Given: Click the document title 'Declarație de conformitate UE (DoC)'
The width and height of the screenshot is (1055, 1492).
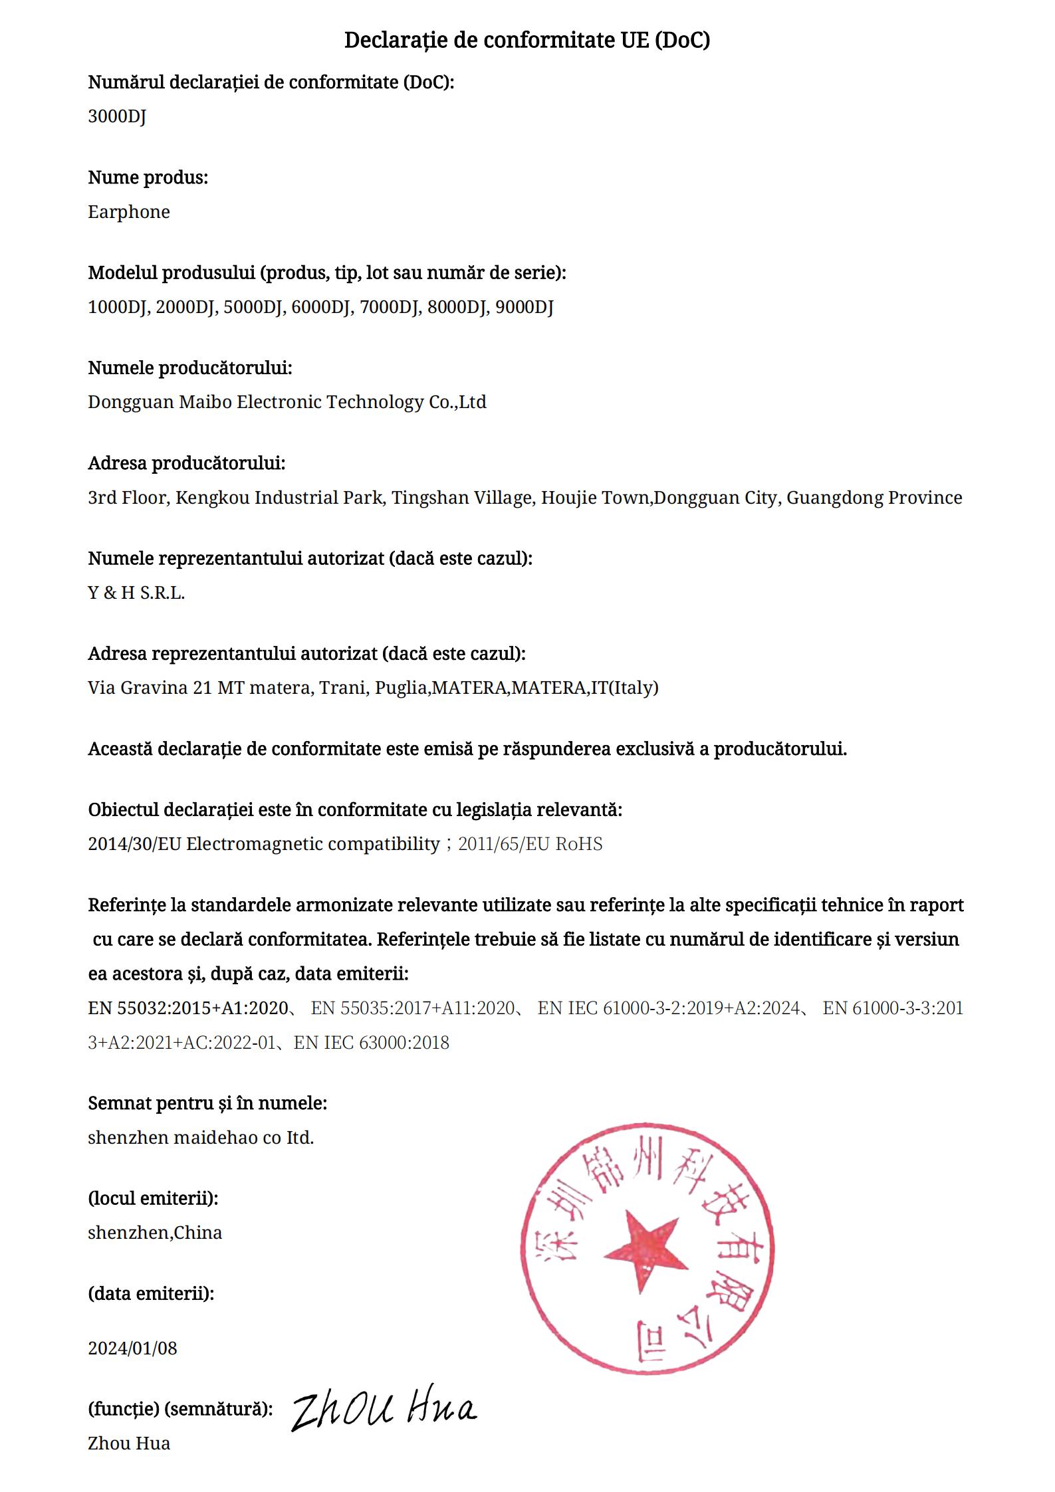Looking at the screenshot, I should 527,41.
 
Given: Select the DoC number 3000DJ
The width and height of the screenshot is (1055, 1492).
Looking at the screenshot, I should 117,117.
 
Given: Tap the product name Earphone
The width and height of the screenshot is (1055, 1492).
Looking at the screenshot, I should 129,212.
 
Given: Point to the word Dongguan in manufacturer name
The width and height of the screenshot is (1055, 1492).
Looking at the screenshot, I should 130,403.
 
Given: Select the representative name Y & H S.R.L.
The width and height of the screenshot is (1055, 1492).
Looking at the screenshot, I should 136,593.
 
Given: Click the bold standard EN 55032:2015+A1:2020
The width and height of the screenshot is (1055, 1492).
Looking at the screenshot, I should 187,1008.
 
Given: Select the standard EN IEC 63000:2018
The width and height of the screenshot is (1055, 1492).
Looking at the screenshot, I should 372,1042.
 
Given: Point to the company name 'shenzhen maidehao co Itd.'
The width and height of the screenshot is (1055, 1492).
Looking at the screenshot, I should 201,1138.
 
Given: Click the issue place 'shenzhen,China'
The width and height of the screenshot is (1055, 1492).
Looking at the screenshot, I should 155,1233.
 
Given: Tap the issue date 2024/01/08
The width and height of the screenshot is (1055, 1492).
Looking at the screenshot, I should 133,1348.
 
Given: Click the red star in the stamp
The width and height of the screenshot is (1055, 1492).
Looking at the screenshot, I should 642,1252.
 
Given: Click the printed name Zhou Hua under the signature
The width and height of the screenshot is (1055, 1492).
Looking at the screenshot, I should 129,1443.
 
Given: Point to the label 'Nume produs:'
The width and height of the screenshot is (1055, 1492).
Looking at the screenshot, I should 148,178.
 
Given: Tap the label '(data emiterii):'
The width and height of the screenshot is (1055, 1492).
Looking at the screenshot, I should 151,1294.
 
